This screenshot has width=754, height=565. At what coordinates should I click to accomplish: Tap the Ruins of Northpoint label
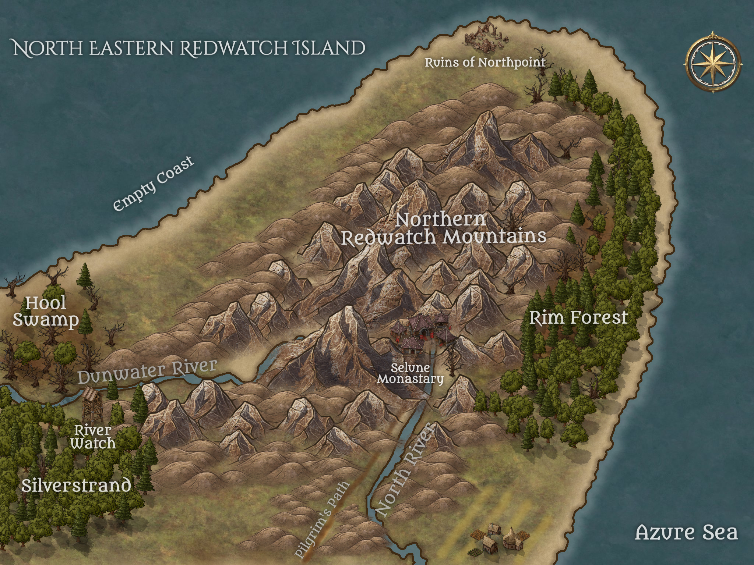[485, 63]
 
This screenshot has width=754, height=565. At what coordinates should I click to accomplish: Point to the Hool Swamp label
[46, 312]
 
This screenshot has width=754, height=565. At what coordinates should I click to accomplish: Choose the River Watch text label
[93, 437]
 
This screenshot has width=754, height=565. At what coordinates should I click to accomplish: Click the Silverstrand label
[76, 486]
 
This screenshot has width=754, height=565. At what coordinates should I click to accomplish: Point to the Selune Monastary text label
[410, 373]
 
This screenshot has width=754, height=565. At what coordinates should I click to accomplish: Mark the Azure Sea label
[687, 532]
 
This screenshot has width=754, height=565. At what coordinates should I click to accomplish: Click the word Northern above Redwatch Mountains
[441, 220]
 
